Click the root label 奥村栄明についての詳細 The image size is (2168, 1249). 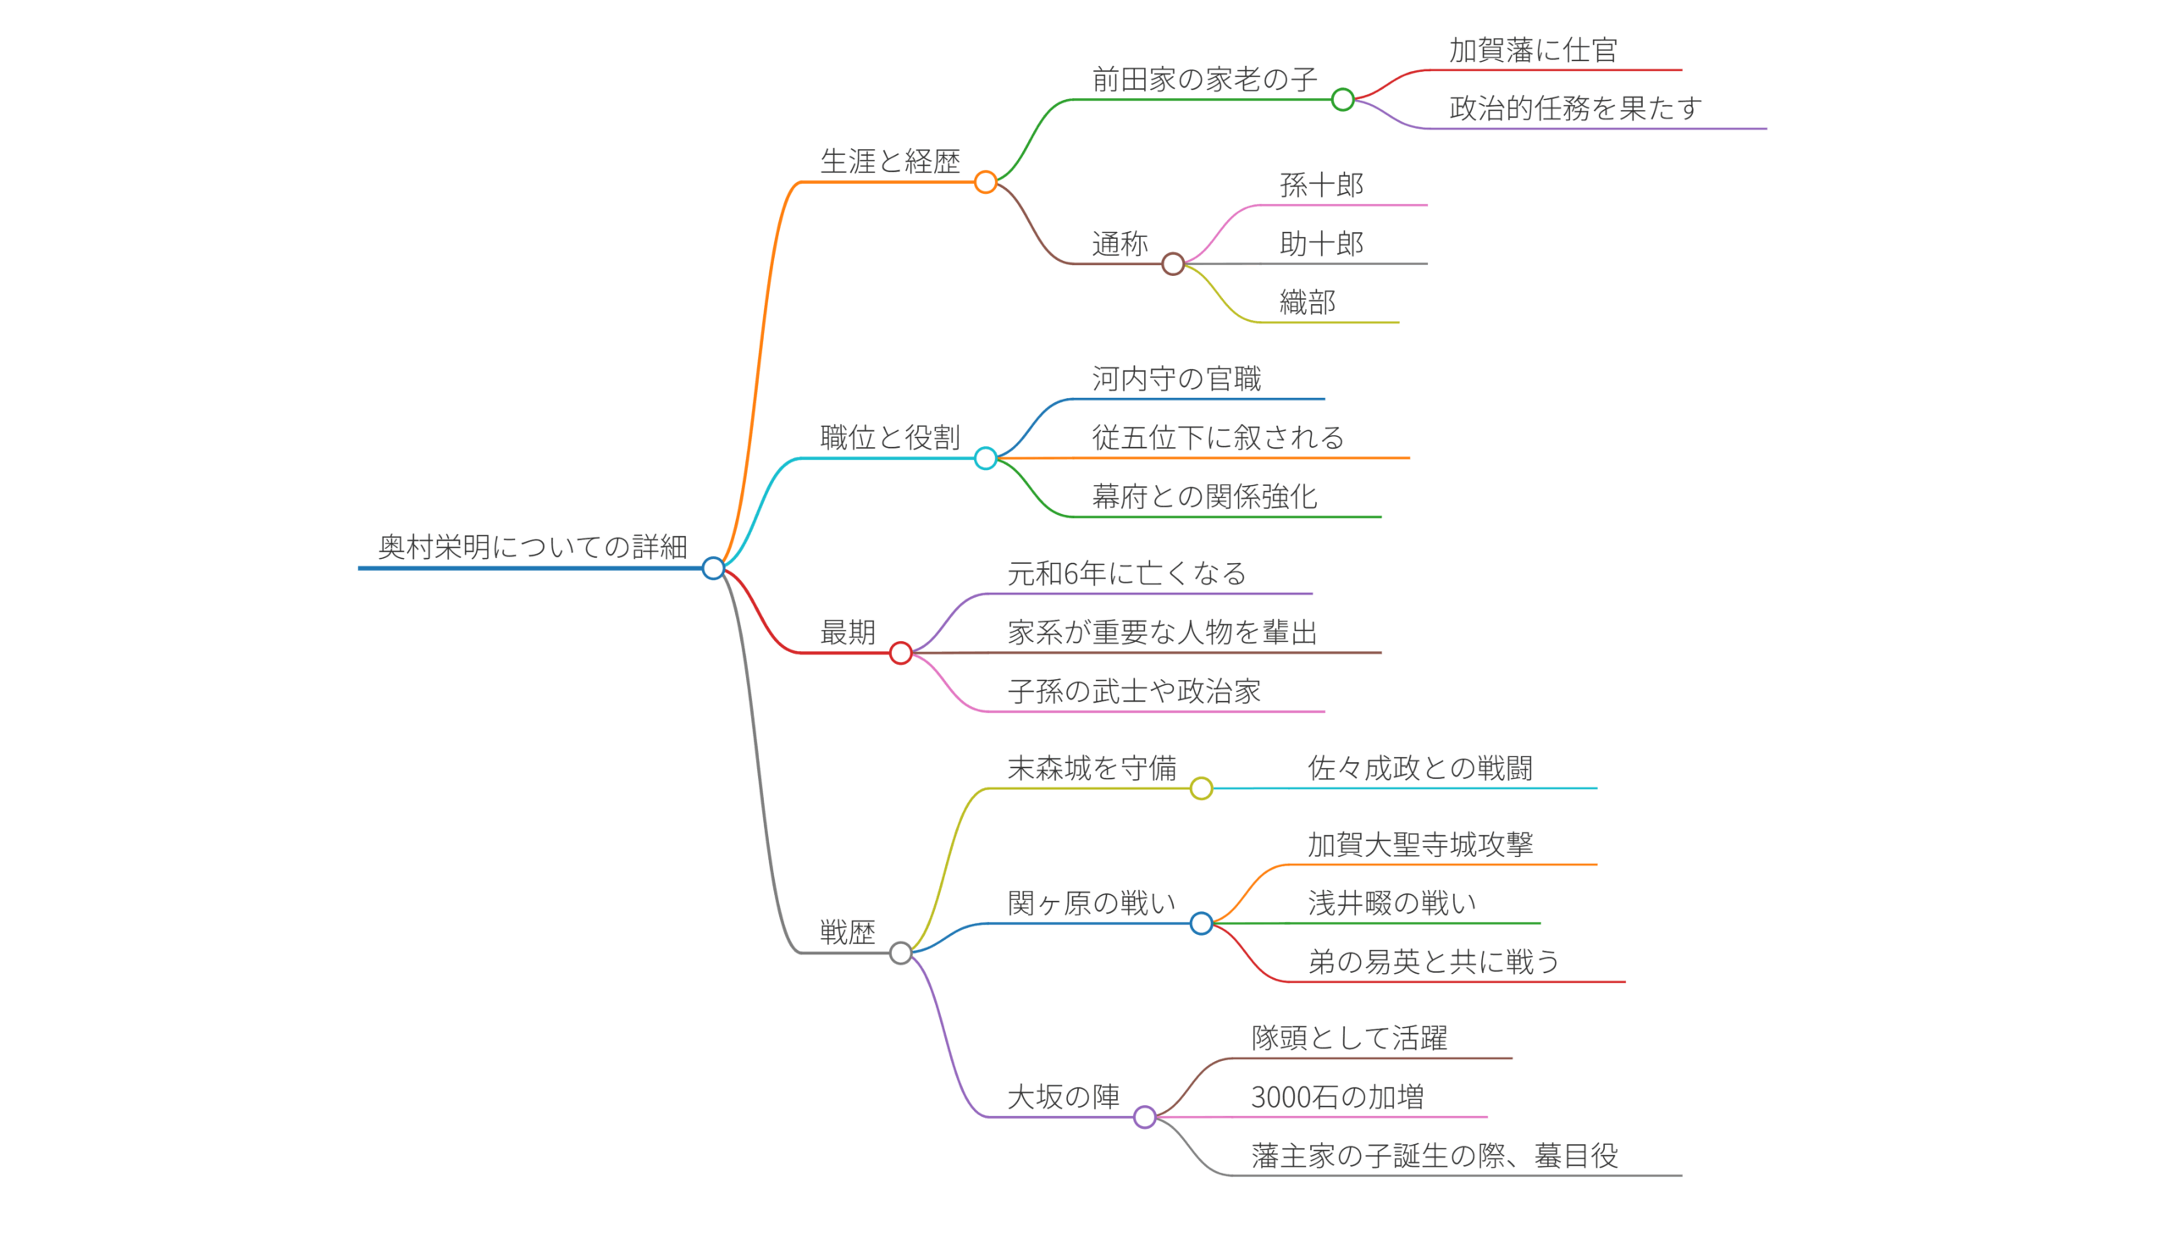[532, 546]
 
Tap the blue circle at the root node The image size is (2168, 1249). [713, 568]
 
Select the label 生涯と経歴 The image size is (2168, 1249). [890, 161]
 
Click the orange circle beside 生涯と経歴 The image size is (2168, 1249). [986, 182]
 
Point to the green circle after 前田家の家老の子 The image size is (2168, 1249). [1342, 100]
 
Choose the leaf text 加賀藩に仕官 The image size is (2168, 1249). [1533, 51]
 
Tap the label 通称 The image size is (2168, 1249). [1120, 244]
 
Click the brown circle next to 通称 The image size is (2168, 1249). [1173, 264]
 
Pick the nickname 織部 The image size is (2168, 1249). [1308, 302]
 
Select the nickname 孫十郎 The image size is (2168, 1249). [1321, 185]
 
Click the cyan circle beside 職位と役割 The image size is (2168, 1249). [986, 458]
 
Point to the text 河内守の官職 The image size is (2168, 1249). [1176, 379]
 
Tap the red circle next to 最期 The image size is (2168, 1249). [901, 653]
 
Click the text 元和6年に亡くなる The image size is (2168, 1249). [1126, 573]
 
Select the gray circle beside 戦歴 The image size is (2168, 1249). [901, 953]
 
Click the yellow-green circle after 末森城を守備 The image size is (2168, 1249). [1201, 788]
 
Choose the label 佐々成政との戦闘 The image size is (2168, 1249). [1420, 768]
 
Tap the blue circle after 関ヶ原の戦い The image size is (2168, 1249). [1201, 923]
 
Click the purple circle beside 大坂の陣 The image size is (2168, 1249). [1144, 1117]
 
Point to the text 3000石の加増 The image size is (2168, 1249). [1336, 1097]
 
